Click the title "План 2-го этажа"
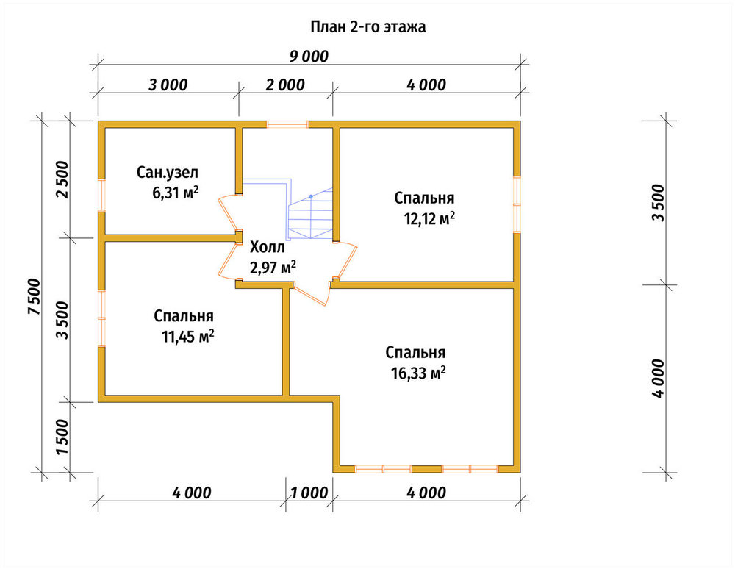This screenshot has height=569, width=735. click(x=368, y=26)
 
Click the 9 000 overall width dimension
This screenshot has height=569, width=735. click(x=309, y=57)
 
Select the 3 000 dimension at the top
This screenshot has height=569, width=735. click(x=168, y=85)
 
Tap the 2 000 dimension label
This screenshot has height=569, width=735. click(x=285, y=85)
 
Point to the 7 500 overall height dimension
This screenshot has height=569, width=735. click(x=35, y=297)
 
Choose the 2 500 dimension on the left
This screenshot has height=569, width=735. click(x=62, y=180)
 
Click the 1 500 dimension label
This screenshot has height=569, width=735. click(x=62, y=437)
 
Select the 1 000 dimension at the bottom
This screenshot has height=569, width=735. click(x=309, y=493)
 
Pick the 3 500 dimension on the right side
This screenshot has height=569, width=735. click(x=658, y=202)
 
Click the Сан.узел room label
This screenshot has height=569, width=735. click(x=168, y=173)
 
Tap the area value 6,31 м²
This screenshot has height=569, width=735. click(x=176, y=192)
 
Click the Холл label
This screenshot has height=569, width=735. click(x=268, y=247)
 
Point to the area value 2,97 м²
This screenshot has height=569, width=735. click(x=273, y=268)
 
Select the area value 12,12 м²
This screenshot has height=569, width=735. click(x=429, y=218)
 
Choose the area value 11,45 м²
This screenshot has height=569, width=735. click(x=188, y=336)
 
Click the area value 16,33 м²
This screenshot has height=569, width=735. click(x=418, y=373)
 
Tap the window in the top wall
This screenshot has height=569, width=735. click(x=288, y=124)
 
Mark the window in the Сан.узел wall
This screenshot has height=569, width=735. click(x=101, y=195)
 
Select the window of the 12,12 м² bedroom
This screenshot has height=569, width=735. click(x=517, y=204)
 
